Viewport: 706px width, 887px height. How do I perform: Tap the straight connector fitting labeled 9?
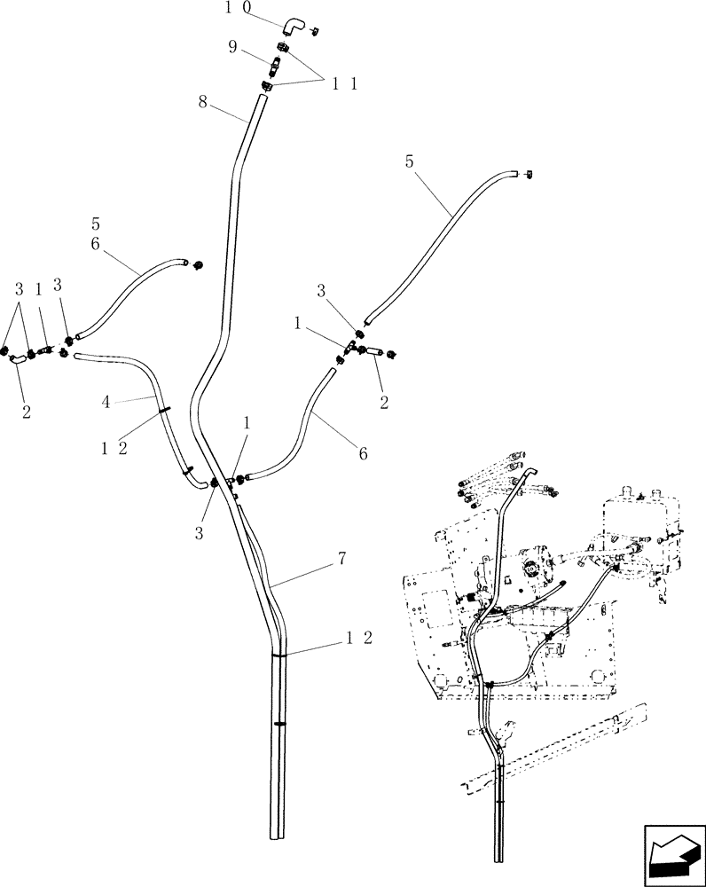274,66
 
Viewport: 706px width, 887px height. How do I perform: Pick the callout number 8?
204,102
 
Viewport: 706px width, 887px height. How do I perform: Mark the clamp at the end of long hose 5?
528,175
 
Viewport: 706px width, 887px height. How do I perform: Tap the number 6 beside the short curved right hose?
362,452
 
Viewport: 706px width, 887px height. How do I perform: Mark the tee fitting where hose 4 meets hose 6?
232,482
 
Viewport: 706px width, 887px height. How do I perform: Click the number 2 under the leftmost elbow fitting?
26,412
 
